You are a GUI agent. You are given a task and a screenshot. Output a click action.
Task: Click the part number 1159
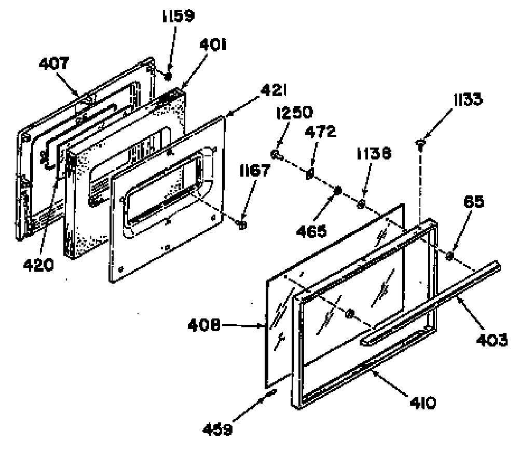pos(178,17)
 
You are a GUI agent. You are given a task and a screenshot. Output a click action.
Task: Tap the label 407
pos(54,63)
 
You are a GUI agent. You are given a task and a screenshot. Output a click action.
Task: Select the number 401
pos(213,44)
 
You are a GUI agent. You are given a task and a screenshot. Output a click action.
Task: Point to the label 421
pos(274,90)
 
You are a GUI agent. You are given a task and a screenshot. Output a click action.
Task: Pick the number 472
pos(320,132)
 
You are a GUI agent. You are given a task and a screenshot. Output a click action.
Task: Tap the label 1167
pos(255,171)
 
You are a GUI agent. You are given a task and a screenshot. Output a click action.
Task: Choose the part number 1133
pos(468,99)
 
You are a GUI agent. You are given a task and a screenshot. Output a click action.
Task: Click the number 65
pos(474,202)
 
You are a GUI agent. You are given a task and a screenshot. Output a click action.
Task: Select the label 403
pos(491,340)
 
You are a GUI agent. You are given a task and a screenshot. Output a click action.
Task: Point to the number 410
pos(422,403)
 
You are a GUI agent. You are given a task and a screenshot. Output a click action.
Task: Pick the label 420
pos(38,265)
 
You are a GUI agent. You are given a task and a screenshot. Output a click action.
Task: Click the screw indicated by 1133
pos(420,144)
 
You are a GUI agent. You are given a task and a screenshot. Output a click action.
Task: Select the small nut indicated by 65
pos(449,256)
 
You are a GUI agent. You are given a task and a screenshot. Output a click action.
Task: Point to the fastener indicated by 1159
pos(168,76)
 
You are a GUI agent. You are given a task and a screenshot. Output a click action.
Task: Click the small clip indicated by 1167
pos(242,225)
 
